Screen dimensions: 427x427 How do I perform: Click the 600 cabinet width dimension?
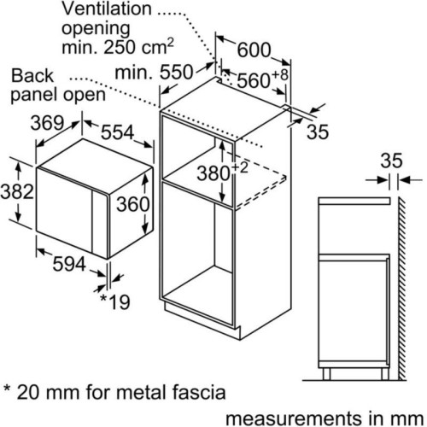coord(254,50)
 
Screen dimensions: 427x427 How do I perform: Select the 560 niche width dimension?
coord(253,80)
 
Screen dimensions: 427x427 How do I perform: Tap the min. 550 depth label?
coord(154,73)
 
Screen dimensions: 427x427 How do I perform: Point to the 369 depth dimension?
coord(47,124)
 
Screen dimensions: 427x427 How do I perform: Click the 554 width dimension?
coord(118,132)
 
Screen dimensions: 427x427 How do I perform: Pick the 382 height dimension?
coord(17,191)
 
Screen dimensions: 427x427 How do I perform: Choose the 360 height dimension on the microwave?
coord(133,204)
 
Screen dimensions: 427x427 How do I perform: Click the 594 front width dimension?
coord(69,264)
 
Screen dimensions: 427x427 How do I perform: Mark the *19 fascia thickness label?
coord(115,302)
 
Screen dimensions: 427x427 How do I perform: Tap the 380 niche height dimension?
coord(213,173)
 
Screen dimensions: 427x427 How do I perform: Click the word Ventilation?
coord(107,9)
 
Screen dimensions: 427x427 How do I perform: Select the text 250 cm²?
coord(138,46)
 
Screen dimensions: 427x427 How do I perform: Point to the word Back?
coord(32,76)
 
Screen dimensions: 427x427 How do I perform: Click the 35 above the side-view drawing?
coord(392,161)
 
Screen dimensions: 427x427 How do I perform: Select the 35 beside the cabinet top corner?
coord(318,132)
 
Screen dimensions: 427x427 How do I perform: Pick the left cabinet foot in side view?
coord(326,374)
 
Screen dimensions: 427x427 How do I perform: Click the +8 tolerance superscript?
coord(279,74)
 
